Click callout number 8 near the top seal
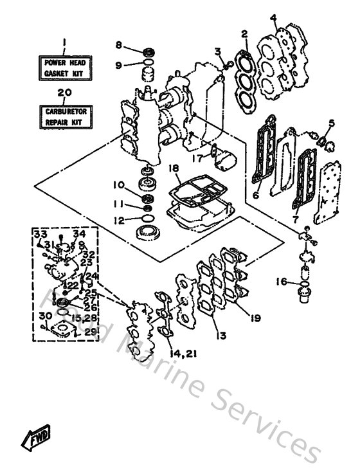click(x=118, y=44)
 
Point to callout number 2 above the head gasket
click(x=244, y=33)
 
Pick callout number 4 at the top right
click(x=273, y=17)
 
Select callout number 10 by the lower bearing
click(x=118, y=185)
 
